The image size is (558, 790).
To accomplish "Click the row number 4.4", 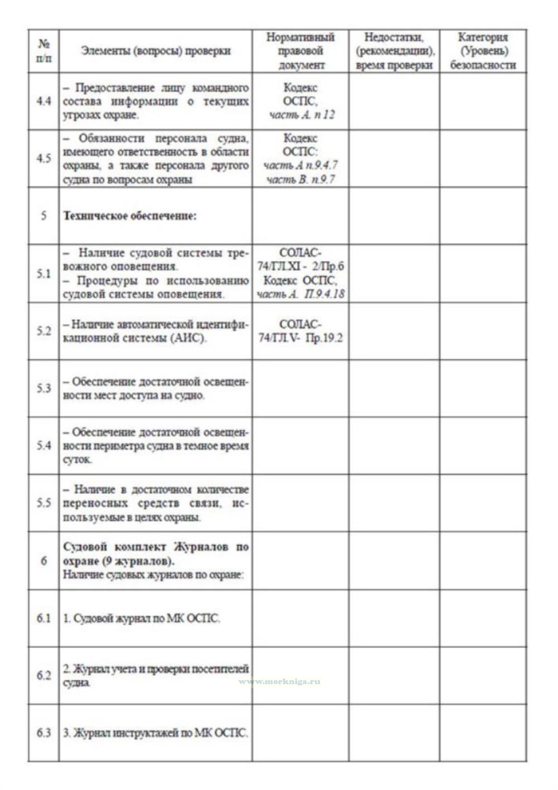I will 43,101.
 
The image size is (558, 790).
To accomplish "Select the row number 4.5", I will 43,159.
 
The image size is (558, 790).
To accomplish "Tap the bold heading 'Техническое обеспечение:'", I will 130,216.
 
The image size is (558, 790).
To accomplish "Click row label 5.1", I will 43,273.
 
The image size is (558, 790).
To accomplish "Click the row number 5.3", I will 43,388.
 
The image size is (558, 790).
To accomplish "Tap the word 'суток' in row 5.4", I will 77,460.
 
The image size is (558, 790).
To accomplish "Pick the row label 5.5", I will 43,503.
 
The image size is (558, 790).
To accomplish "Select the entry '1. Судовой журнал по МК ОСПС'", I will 142,619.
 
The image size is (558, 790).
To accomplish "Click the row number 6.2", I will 43,675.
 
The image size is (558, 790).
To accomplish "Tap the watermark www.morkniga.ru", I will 279,681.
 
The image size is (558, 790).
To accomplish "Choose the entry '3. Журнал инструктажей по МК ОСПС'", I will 155,733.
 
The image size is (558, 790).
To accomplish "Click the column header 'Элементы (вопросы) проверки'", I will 155,51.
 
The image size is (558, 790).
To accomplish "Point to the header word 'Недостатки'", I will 394,37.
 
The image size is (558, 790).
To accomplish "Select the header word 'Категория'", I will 482,37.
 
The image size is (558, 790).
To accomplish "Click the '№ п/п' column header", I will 43,51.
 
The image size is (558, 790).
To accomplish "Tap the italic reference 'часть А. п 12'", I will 301,115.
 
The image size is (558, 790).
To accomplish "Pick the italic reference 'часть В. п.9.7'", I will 300,180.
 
